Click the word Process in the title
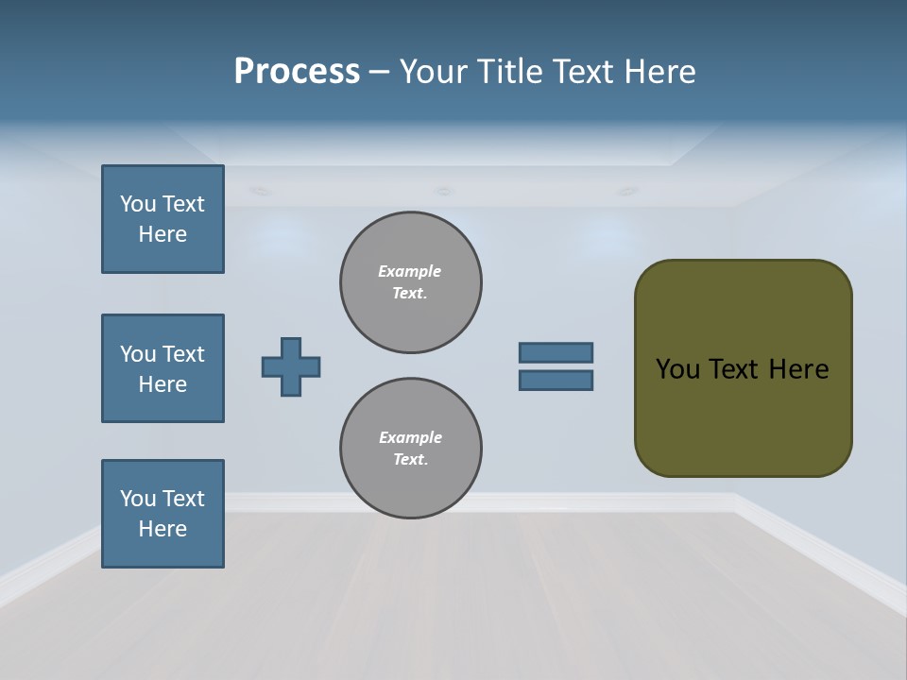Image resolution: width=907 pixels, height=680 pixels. (x=297, y=71)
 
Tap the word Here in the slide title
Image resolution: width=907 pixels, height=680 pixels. (x=659, y=72)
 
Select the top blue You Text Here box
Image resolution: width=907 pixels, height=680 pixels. (x=163, y=219)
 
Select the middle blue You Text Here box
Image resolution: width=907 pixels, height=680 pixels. (x=163, y=368)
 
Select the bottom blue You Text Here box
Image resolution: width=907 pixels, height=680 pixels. (x=163, y=514)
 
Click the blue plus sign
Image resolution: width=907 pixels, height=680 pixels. (x=291, y=366)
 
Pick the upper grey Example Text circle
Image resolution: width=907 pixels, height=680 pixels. (x=411, y=282)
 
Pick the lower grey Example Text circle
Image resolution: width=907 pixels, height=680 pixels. (x=411, y=449)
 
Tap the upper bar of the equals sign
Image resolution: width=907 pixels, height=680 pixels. (x=556, y=352)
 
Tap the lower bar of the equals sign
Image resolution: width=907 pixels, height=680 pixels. (x=556, y=381)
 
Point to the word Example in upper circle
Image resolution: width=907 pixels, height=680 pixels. (x=410, y=271)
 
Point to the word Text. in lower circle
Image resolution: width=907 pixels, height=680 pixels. (x=410, y=460)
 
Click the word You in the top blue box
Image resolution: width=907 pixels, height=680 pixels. (x=138, y=204)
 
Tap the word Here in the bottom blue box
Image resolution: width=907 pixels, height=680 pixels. (x=163, y=529)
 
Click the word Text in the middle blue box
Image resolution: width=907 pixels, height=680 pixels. (x=182, y=354)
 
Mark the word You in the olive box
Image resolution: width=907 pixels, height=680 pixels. (x=677, y=369)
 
